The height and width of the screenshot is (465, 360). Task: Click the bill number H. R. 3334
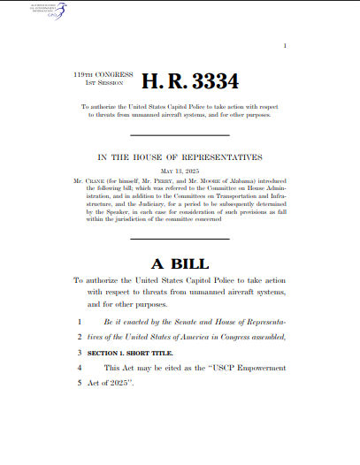click(190, 82)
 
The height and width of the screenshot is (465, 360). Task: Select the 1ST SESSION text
click(90, 84)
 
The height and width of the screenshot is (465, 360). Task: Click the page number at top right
click(285, 45)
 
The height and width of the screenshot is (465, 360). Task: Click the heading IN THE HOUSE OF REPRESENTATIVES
click(180, 157)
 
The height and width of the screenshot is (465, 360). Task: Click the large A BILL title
click(180, 239)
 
